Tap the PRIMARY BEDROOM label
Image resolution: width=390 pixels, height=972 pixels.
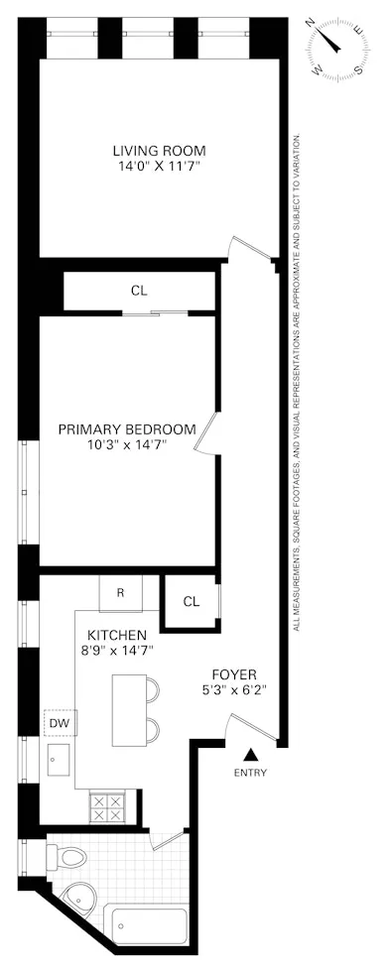pyautogui.click(x=126, y=429)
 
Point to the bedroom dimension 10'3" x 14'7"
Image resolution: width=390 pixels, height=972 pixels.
pyautogui.click(x=126, y=445)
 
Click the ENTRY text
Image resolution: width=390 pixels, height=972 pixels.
pyautogui.click(x=250, y=772)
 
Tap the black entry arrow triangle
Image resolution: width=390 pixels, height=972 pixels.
pyautogui.click(x=250, y=754)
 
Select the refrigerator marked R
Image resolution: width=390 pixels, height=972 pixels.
pyautogui.click(x=120, y=593)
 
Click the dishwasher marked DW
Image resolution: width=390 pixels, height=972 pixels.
pyautogui.click(x=57, y=723)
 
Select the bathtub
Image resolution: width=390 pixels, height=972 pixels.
pyautogui.click(x=149, y=926)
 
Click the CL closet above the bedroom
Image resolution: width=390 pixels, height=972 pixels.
pyautogui.click(x=139, y=292)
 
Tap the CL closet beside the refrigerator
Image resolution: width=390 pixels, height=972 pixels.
pyautogui.click(x=191, y=601)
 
